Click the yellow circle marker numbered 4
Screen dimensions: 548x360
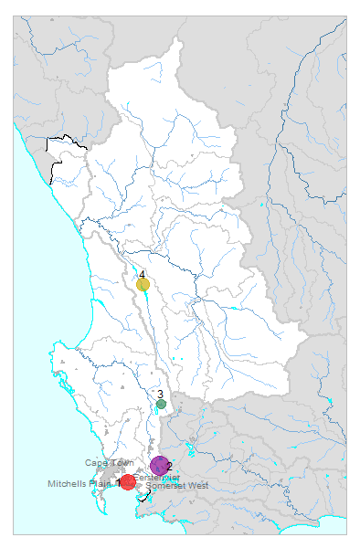(x=143, y=284)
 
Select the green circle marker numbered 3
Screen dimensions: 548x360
(x=161, y=404)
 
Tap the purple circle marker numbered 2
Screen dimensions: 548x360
(x=159, y=466)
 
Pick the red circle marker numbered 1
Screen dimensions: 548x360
(x=128, y=482)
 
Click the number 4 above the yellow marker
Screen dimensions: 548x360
(x=143, y=274)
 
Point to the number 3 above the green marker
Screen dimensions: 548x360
(x=160, y=394)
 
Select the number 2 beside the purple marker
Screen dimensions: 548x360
(x=170, y=467)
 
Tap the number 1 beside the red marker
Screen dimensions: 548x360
(x=119, y=480)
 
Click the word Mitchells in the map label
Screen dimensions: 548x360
(x=69, y=483)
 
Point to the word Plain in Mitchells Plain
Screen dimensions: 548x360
(x=102, y=483)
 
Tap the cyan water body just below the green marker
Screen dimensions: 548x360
(x=156, y=412)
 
